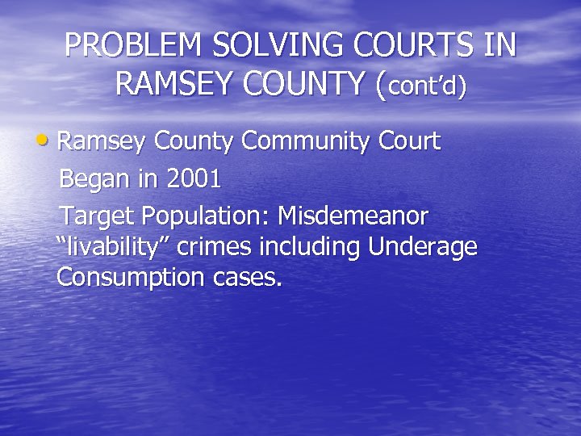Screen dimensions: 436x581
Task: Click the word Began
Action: (95, 179)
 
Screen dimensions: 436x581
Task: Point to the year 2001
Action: (192, 179)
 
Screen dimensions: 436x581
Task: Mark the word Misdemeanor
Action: (354, 216)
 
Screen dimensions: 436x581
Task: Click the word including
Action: (311, 247)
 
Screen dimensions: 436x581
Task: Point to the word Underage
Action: (423, 247)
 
